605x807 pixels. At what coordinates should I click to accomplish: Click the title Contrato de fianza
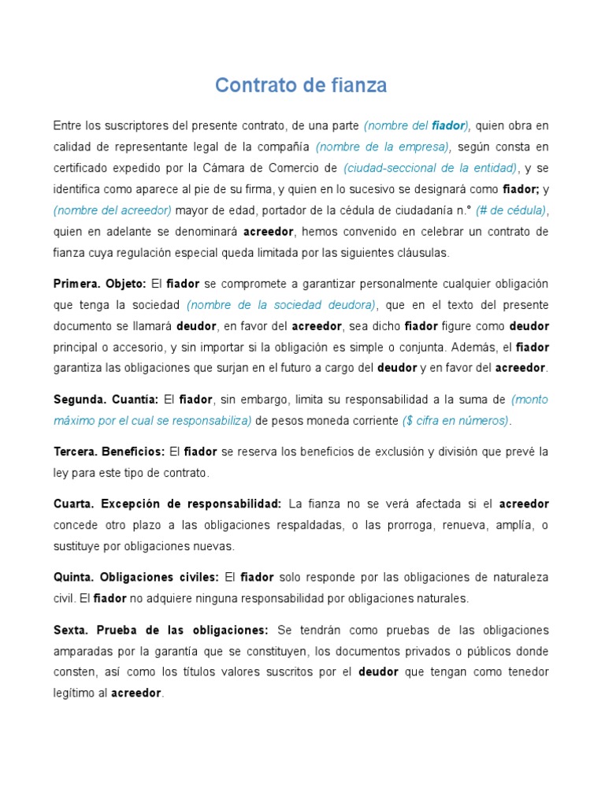tap(302, 85)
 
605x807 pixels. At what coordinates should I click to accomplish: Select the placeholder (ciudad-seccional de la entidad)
tap(431, 168)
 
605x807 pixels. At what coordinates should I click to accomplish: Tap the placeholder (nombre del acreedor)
tap(113, 210)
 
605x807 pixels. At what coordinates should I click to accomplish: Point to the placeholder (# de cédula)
tap(510, 210)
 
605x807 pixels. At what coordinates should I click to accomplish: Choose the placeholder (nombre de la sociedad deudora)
tap(281, 305)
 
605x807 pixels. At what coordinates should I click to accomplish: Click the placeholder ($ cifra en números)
tap(456, 421)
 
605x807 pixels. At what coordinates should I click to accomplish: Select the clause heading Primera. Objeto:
tap(100, 284)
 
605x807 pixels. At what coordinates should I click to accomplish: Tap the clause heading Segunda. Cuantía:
tap(106, 400)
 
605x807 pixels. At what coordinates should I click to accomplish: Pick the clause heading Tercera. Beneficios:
tap(109, 452)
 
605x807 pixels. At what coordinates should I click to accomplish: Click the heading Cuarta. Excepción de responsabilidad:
tap(167, 504)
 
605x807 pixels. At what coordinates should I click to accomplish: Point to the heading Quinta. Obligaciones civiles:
tap(135, 577)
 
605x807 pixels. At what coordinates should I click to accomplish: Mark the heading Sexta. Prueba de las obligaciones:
tap(161, 630)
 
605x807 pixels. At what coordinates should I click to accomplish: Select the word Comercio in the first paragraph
tap(295, 168)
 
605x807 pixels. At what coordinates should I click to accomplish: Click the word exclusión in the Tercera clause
tap(399, 452)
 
